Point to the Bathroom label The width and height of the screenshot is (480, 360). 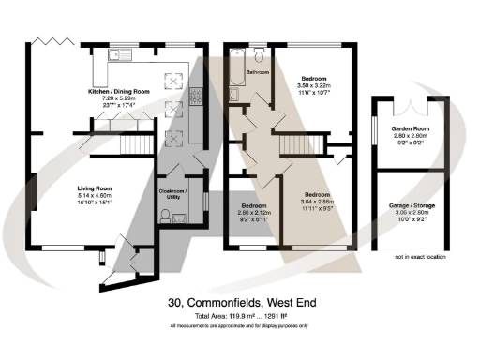point(258,72)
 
